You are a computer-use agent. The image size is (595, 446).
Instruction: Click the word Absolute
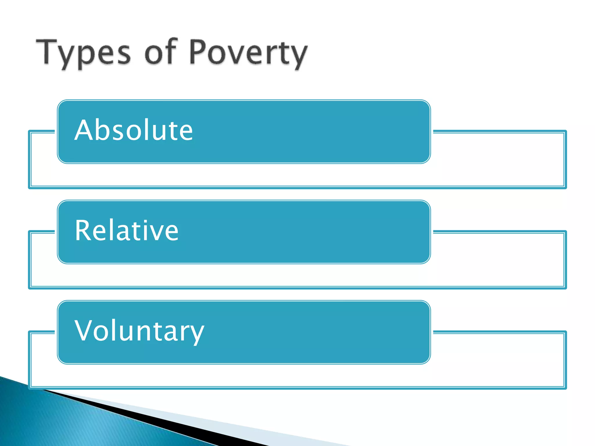pos(134,130)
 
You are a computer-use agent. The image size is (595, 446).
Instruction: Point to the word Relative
pos(127,231)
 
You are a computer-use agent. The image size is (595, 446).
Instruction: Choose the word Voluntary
pos(139,331)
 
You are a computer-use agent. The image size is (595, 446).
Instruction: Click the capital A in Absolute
pos(84,130)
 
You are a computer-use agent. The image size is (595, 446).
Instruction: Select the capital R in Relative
pos(83,231)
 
